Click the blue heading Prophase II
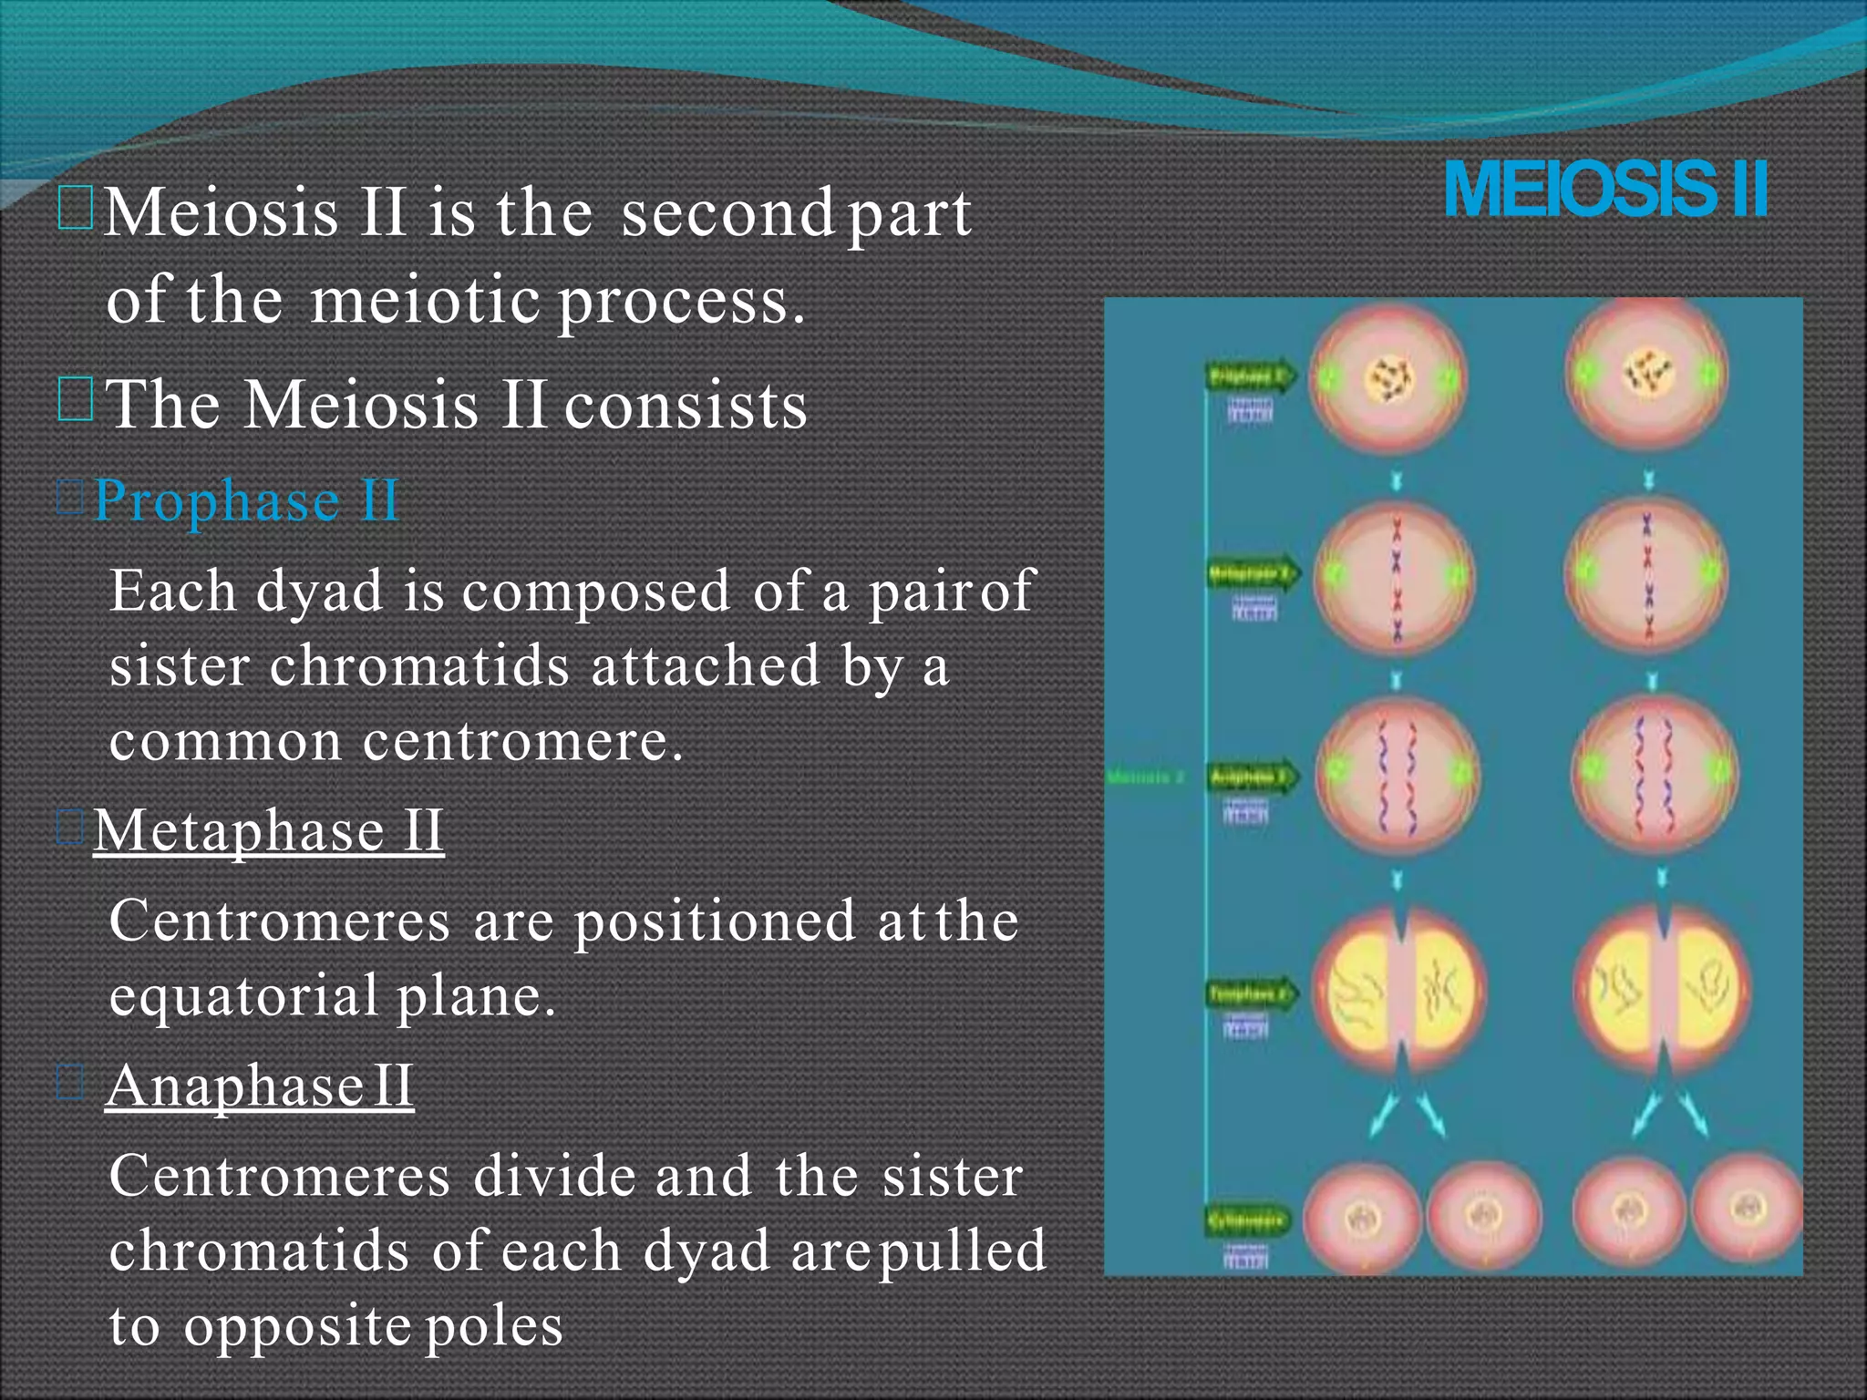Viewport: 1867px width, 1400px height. coord(246,500)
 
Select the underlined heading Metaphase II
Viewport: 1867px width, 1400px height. coord(269,830)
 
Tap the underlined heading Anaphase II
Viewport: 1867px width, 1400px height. coord(260,1086)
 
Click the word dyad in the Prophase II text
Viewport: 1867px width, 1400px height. coord(319,591)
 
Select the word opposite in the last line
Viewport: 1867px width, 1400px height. coord(296,1326)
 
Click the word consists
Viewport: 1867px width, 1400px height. coord(686,405)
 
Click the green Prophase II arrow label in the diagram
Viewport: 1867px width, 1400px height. coord(1248,376)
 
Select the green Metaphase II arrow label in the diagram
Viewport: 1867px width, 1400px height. coord(1250,575)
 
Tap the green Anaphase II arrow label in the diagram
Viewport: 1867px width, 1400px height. coord(1250,778)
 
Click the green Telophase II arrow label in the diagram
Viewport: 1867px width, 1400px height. coord(1250,993)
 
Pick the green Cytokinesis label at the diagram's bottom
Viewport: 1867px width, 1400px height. coord(1247,1220)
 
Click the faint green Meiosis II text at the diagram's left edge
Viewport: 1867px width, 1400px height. coord(1145,777)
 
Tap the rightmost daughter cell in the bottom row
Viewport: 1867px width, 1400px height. coord(1748,1212)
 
